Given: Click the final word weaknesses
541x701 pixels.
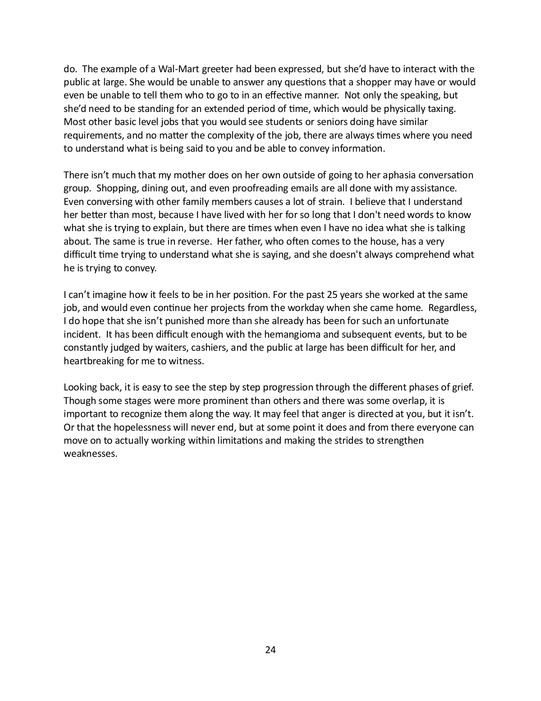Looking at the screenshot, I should point(90,454).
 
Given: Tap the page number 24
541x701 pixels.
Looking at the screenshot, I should point(270,650).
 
